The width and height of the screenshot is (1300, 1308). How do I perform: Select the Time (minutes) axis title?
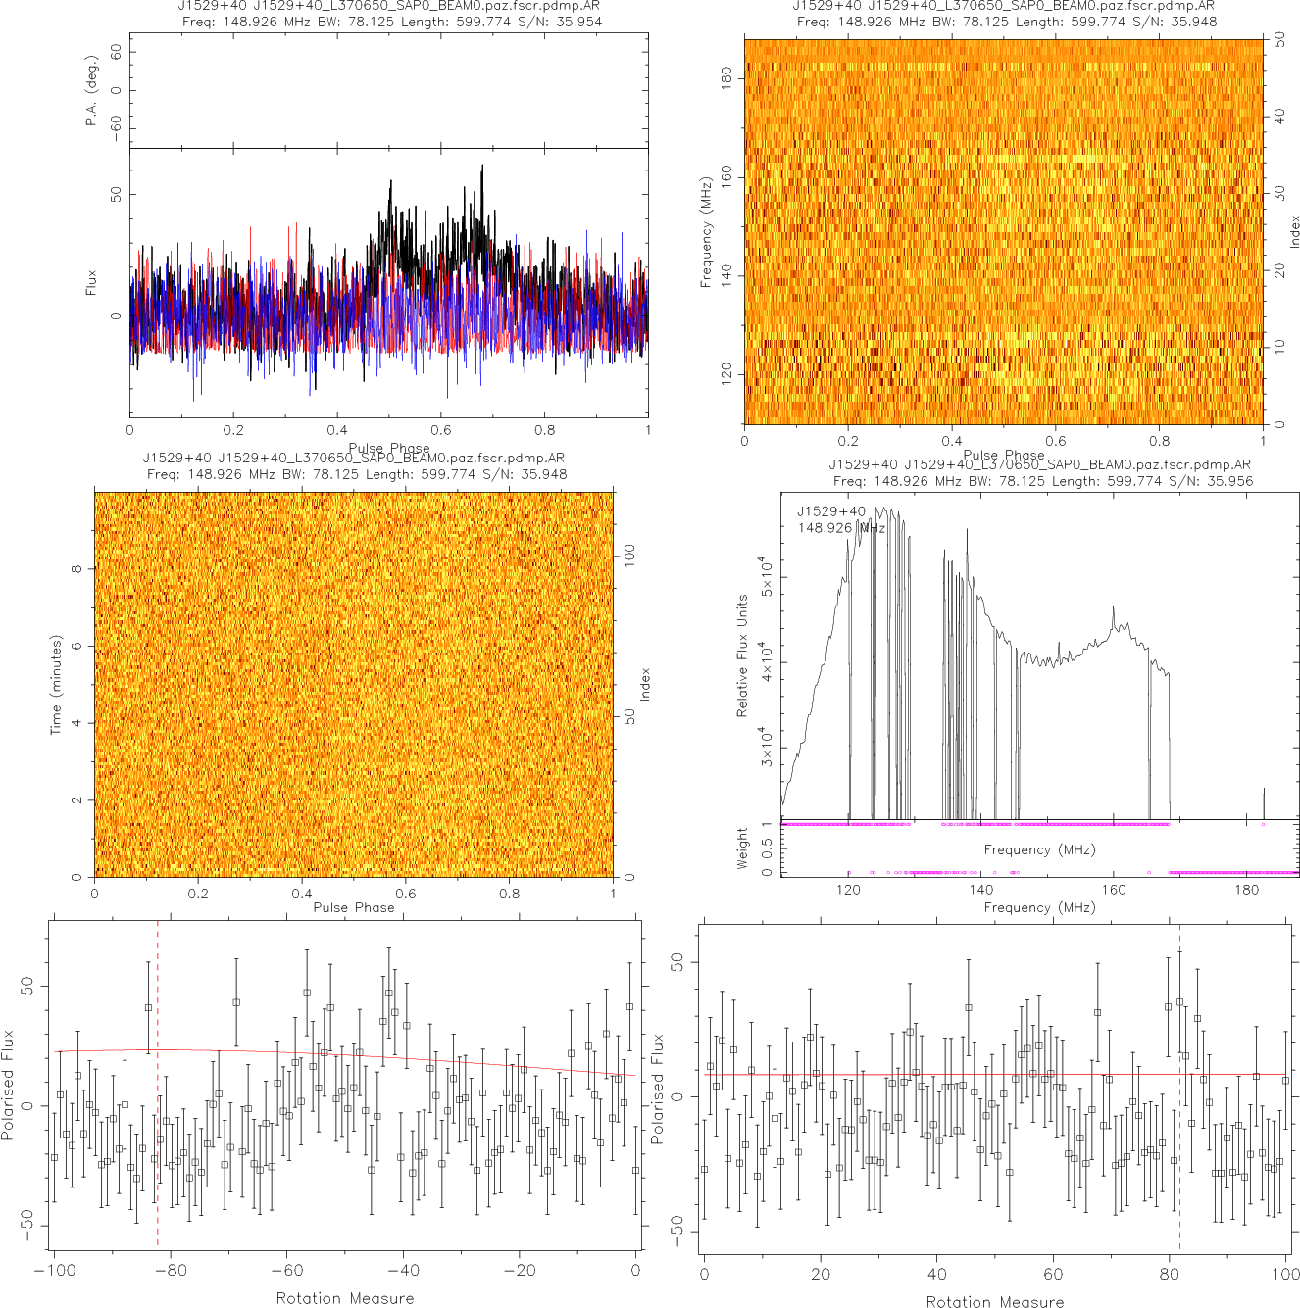coord(56,685)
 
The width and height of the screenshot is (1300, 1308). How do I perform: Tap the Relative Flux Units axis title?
coord(742,655)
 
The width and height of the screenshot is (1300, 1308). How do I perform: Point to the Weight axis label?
coord(742,848)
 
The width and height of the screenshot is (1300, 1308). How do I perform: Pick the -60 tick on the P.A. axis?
coord(116,128)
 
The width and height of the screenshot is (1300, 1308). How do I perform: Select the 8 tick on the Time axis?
coord(75,569)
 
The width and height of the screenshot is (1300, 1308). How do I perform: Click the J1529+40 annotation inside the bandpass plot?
coord(830,511)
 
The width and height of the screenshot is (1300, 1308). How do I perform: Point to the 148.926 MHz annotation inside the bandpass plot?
coord(841,528)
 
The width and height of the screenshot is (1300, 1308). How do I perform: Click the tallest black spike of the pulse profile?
coord(482,167)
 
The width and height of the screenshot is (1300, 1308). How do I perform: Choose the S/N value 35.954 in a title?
coord(578,21)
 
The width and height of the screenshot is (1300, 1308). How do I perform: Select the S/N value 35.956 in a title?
coord(1229,480)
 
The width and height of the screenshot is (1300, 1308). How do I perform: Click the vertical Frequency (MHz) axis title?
coord(705,232)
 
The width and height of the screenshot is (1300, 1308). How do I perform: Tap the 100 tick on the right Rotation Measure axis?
coord(1286,1274)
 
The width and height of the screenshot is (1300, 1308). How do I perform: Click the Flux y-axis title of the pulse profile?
coord(91,283)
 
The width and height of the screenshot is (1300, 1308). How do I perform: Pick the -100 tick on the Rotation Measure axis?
coord(54,1271)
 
